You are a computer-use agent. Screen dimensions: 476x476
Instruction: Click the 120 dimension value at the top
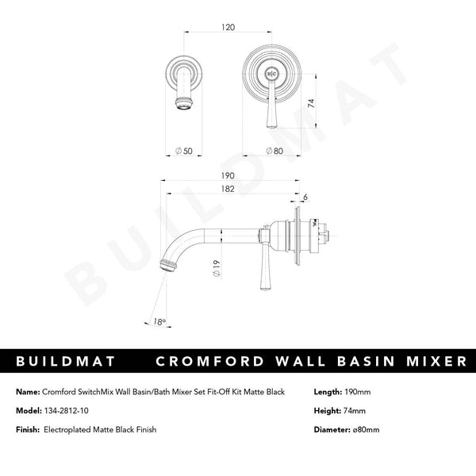tap(228, 26)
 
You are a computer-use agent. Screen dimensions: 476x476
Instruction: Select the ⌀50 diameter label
tap(183, 150)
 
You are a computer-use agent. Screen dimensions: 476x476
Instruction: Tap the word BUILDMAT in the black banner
tap(66, 362)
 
